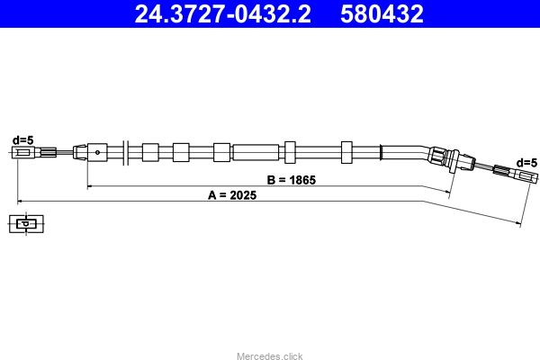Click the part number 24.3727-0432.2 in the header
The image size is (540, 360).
tap(222, 13)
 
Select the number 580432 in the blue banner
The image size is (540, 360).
tap(382, 13)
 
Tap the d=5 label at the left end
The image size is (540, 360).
tap(23, 140)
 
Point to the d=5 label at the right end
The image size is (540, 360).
tap(526, 163)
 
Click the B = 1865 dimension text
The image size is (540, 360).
tap(292, 180)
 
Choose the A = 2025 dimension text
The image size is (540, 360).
tap(232, 195)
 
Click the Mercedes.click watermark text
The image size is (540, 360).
tap(270, 355)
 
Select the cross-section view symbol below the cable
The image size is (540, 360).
tap(26, 224)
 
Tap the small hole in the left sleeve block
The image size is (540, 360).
tap(97, 152)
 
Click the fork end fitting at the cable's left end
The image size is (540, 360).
tap(23, 152)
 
